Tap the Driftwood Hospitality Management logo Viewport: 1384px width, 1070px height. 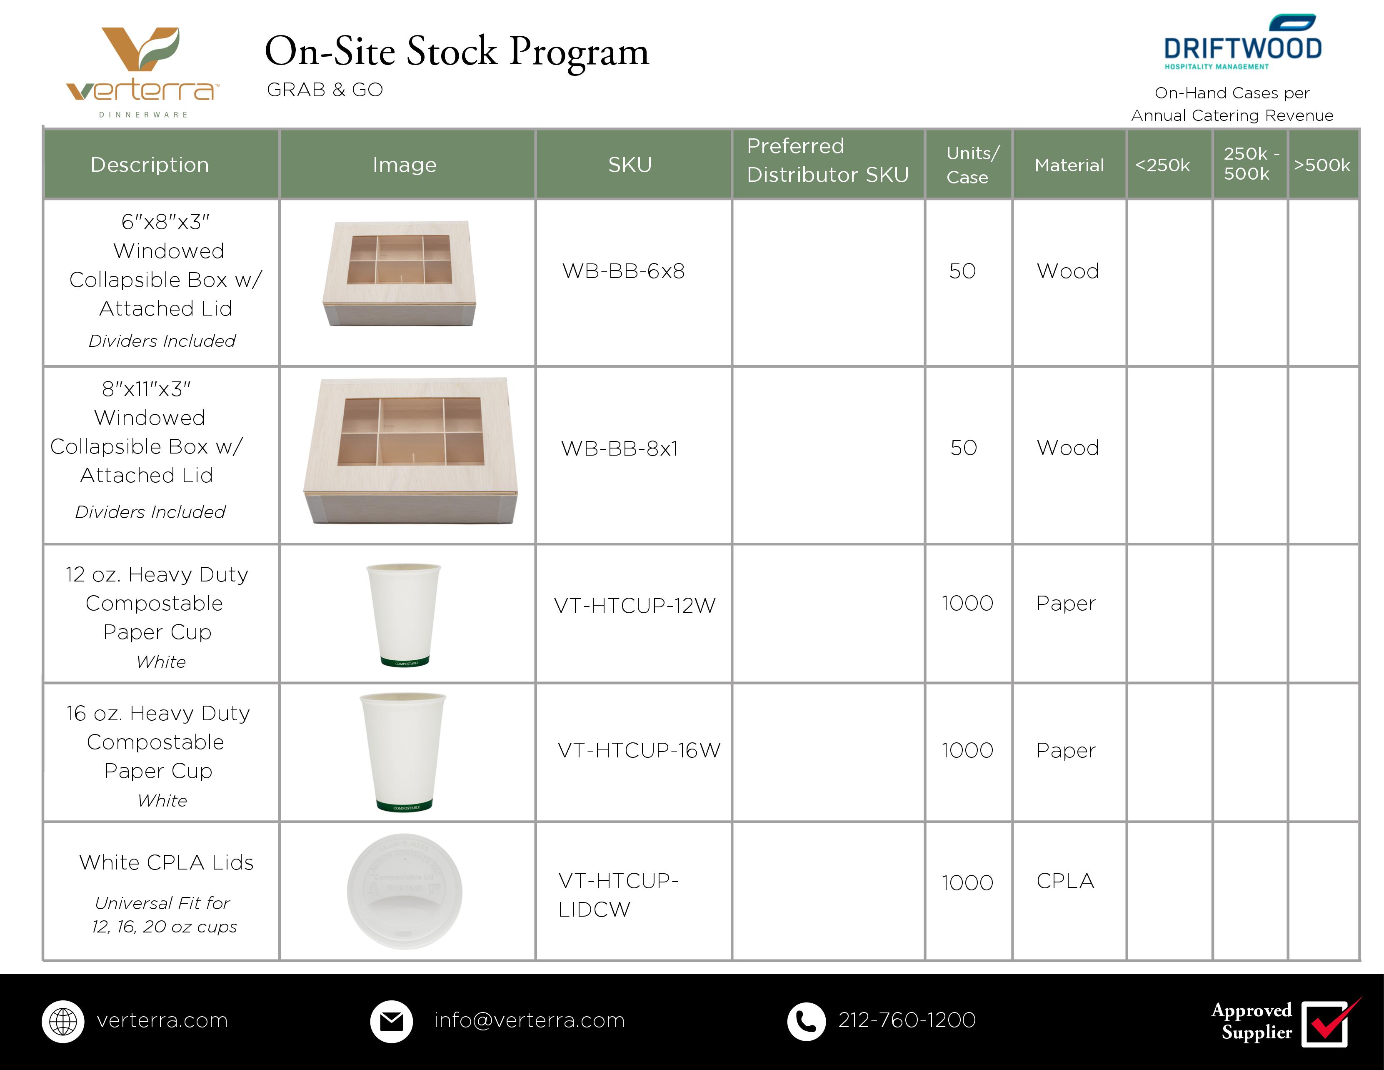[1243, 42]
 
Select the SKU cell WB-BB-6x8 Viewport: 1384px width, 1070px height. [624, 271]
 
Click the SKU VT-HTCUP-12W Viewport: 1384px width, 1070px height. [635, 605]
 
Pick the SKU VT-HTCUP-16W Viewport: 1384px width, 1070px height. [639, 751]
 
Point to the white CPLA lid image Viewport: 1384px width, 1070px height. [404, 891]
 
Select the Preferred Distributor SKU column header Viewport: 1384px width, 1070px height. [828, 160]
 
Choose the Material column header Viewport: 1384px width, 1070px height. [1069, 165]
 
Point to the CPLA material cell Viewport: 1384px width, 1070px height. [1065, 881]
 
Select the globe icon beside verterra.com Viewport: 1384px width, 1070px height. [63, 1021]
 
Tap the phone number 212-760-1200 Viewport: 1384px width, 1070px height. [907, 1020]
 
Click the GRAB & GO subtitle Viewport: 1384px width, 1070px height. [325, 90]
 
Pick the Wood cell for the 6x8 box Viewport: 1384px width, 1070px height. [1068, 271]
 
